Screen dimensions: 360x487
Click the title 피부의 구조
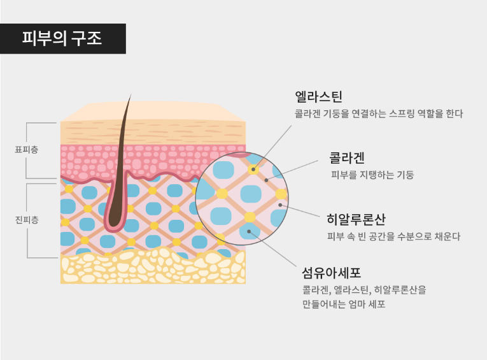(62, 39)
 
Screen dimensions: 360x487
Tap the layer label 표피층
(26, 150)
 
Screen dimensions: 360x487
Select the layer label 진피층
(26, 220)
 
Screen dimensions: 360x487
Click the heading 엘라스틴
(318, 97)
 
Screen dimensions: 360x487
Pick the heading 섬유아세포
(331, 273)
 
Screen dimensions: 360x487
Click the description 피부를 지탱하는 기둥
(372, 175)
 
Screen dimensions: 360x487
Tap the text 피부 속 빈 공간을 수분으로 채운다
(393, 236)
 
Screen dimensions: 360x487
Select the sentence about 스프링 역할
(379, 114)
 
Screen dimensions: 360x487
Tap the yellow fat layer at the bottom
(153, 268)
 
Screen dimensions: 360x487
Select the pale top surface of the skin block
(153, 112)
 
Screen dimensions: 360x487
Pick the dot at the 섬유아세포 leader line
(249, 231)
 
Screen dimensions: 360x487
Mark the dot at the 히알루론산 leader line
(280, 205)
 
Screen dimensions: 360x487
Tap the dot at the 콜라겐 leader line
(266, 180)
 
